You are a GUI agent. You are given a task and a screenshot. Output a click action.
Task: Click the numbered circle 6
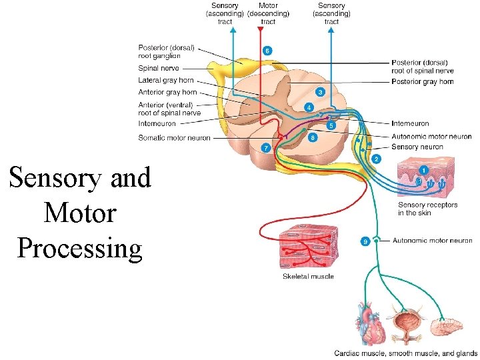tap(267, 50)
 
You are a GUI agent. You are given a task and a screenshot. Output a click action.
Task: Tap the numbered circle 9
tap(365, 241)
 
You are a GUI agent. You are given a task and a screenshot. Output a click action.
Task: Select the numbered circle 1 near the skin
tap(424, 169)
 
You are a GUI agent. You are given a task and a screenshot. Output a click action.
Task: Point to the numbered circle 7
tap(266, 147)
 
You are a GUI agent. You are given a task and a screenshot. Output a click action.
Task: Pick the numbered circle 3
tap(321, 91)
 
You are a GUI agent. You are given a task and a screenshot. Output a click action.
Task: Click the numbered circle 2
tap(377, 159)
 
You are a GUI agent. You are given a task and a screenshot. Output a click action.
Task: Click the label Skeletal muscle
tap(308, 276)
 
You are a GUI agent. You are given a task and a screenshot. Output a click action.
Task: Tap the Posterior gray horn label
tap(423, 81)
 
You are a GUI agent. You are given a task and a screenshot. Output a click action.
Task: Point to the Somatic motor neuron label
tap(174, 138)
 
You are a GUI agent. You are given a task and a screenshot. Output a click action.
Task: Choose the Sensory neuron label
tap(417, 147)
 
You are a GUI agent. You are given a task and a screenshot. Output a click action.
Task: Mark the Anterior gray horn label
tap(167, 92)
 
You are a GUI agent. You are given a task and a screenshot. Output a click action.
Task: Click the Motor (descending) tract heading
tap(268, 14)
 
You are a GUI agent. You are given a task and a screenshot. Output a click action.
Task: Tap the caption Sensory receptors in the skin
tap(427, 209)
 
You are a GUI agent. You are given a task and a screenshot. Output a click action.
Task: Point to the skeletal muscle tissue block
tap(307, 247)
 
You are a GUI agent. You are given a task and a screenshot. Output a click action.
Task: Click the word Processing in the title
tap(80, 248)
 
